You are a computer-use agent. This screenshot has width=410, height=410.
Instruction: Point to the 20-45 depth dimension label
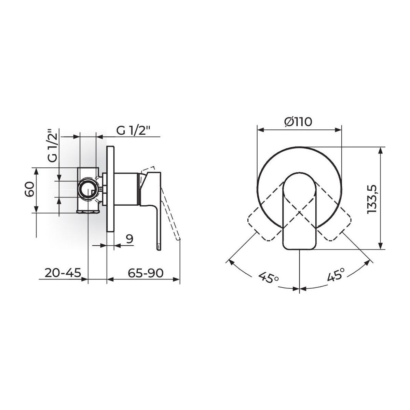(x=63, y=273)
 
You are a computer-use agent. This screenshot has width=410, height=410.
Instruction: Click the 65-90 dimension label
(x=146, y=273)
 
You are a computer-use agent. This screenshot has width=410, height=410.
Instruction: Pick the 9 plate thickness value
(x=129, y=239)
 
